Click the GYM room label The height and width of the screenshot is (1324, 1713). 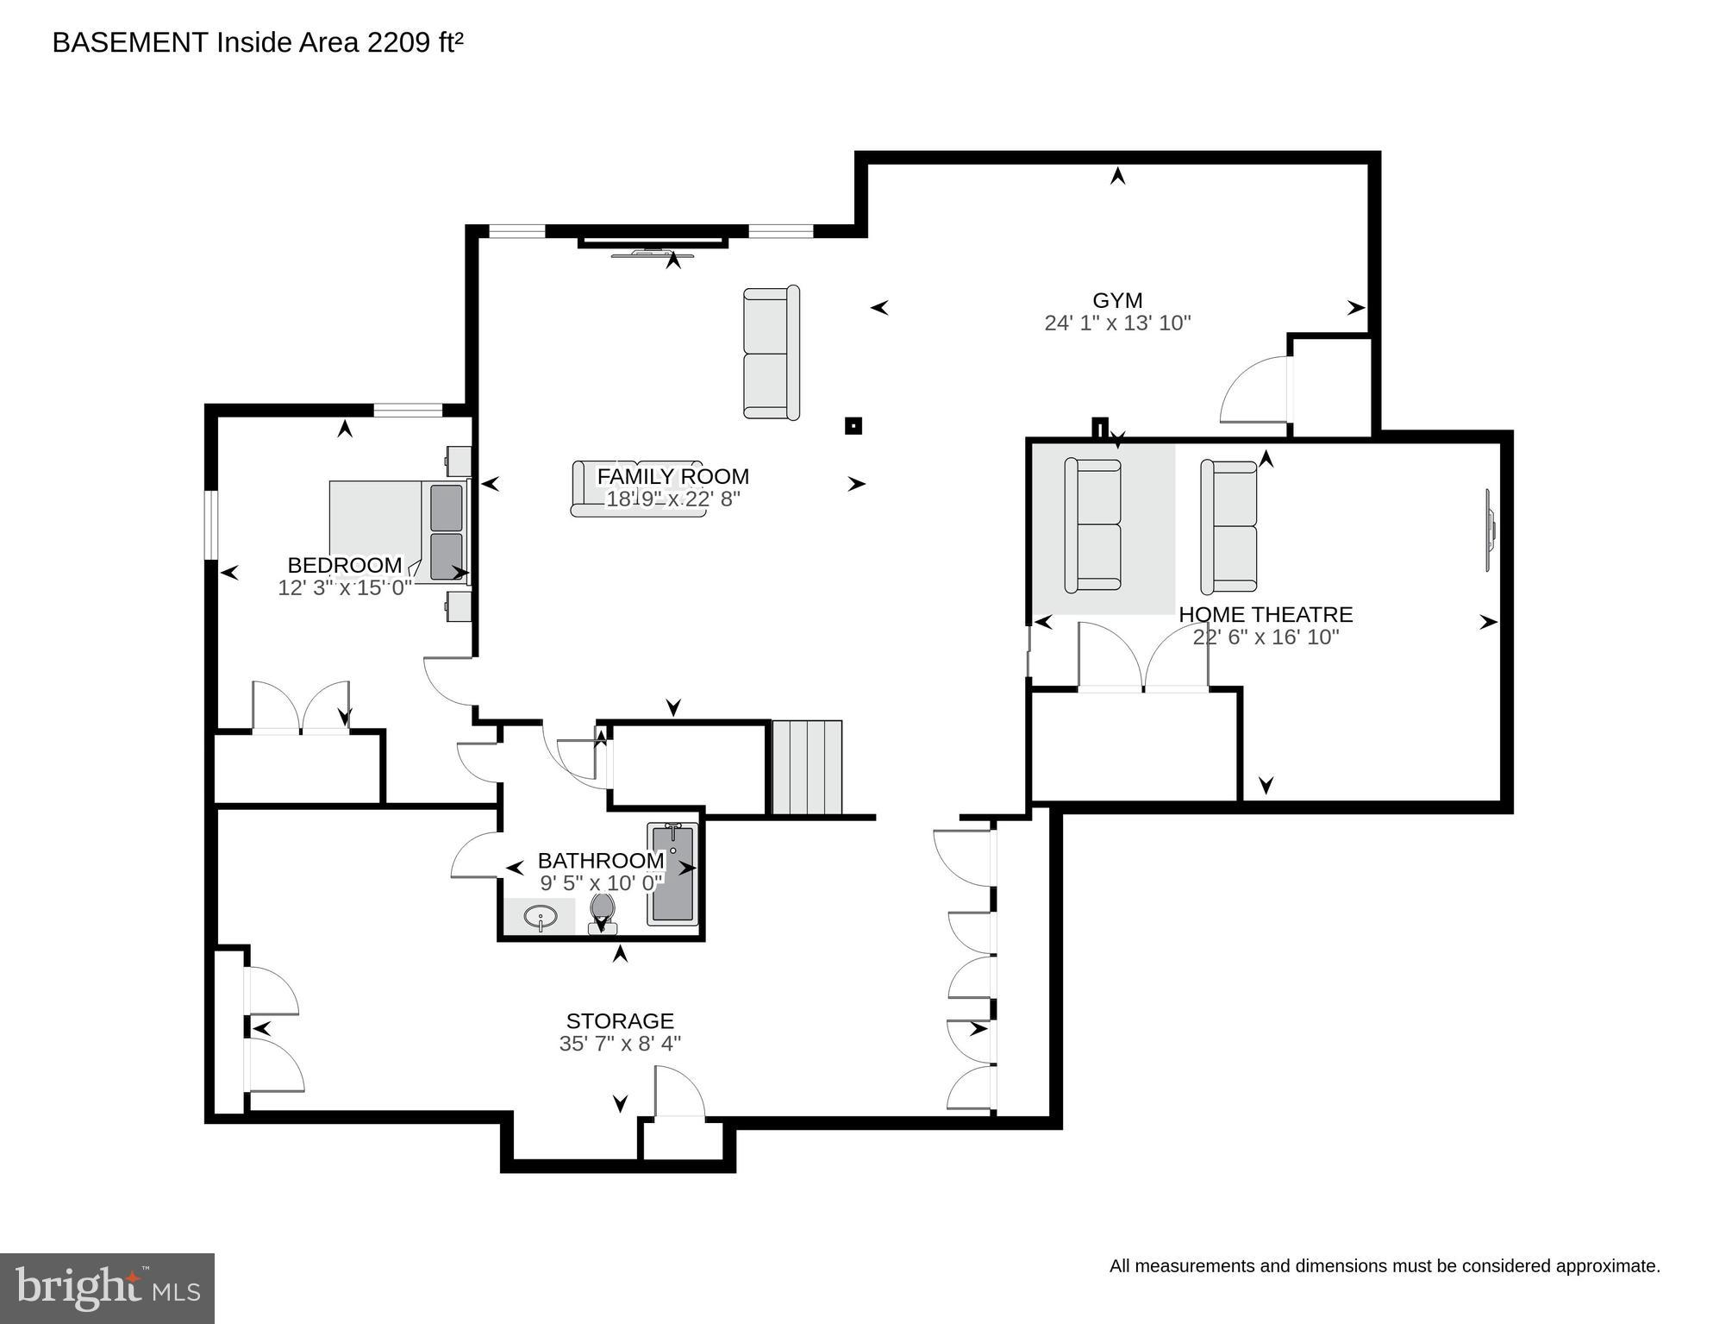click(1117, 300)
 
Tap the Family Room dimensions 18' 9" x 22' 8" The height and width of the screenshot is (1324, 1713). click(672, 499)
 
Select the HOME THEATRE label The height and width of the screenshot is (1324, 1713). click(1265, 615)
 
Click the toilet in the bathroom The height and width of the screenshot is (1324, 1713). click(602, 913)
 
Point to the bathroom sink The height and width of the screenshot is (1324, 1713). click(541, 917)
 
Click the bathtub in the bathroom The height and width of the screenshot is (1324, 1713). click(673, 873)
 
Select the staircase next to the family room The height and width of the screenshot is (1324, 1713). click(806, 768)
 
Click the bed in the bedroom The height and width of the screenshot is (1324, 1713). click(397, 530)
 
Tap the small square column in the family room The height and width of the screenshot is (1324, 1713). click(853, 425)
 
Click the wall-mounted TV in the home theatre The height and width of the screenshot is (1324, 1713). click(1489, 530)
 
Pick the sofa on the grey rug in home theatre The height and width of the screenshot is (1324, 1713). click(1092, 525)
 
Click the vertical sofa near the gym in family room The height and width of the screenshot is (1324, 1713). click(772, 353)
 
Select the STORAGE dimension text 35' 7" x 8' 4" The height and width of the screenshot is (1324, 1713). click(620, 1044)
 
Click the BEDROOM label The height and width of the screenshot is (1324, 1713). click(344, 565)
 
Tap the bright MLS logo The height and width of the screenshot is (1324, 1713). click(107, 1288)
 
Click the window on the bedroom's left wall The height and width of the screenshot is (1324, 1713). click(210, 525)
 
